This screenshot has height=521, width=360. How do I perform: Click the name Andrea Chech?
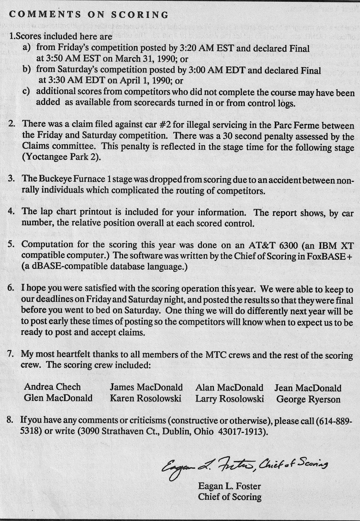[52, 387]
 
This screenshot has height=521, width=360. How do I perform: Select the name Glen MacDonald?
[58, 398]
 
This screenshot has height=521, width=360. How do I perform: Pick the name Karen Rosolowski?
[146, 399]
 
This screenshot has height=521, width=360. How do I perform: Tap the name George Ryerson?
[308, 399]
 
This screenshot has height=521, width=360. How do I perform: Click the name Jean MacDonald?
[308, 388]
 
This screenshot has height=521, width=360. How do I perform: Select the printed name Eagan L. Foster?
[229, 487]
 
